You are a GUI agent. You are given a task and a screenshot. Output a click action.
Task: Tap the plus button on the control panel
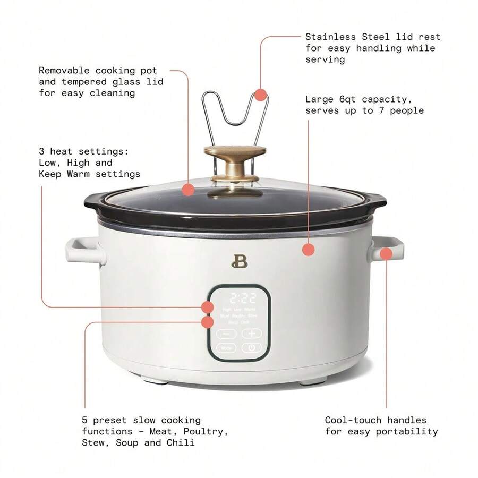coord(251,334)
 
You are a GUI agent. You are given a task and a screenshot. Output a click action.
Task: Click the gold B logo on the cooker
coord(237,261)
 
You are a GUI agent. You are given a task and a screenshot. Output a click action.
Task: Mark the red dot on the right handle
coord(386,253)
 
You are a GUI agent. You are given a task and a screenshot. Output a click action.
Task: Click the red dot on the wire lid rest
coord(260,95)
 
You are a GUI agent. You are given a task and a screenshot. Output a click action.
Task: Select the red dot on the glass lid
coord(187,189)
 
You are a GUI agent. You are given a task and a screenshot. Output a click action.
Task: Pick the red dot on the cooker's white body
coord(309,249)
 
